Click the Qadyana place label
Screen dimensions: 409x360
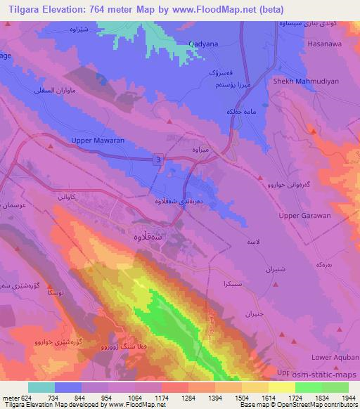tap(204, 43)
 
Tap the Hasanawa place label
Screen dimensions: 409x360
tap(326, 43)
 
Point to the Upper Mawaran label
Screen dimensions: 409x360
tap(98, 141)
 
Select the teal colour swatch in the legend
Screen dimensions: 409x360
tap(41, 387)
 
